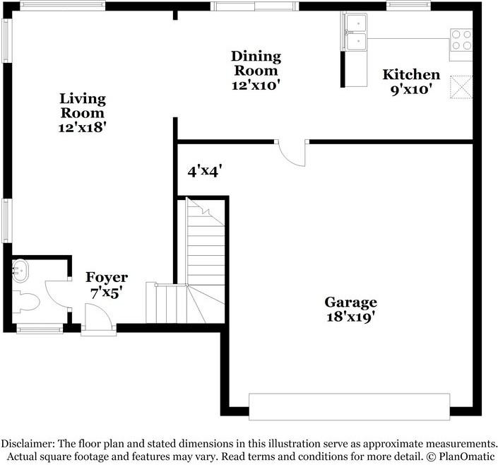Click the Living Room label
(x=82, y=106)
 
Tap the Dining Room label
(x=256, y=64)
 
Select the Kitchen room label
(x=411, y=75)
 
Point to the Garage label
(x=351, y=302)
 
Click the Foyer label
(x=107, y=277)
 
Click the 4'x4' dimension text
(x=206, y=171)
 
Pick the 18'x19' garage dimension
(x=351, y=317)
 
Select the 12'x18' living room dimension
(x=82, y=128)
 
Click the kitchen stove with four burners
(x=461, y=40)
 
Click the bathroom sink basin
(x=20, y=269)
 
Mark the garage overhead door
(x=349, y=407)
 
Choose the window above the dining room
(x=255, y=6)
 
